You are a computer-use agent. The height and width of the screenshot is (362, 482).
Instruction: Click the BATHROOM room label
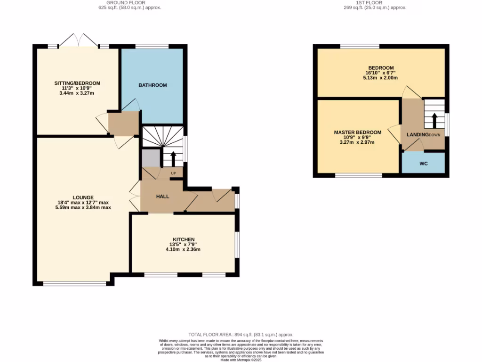click(x=153, y=85)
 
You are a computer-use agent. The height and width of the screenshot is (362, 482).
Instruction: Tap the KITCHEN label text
click(x=183, y=239)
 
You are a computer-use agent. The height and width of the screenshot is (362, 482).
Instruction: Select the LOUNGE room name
click(x=83, y=197)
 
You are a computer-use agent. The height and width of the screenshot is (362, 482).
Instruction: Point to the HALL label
click(x=162, y=197)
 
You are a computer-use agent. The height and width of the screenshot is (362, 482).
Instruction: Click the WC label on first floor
click(x=423, y=164)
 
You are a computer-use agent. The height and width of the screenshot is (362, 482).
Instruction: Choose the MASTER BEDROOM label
click(x=358, y=132)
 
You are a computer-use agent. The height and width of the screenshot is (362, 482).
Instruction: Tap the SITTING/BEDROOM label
click(x=77, y=83)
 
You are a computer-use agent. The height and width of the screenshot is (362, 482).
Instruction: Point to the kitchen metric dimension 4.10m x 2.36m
click(x=183, y=249)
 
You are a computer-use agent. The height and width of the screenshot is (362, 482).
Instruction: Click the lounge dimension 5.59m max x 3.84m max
click(x=83, y=207)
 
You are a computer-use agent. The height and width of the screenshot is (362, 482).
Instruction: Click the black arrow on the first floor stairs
click(x=434, y=120)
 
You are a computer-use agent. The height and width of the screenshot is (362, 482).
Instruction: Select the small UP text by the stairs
click(x=173, y=173)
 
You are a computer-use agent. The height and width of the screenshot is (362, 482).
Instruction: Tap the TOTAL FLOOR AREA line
click(x=241, y=334)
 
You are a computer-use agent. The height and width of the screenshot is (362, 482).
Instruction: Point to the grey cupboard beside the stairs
click(x=150, y=157)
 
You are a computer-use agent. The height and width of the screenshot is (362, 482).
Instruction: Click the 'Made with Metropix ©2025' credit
click(x=241, y=360)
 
